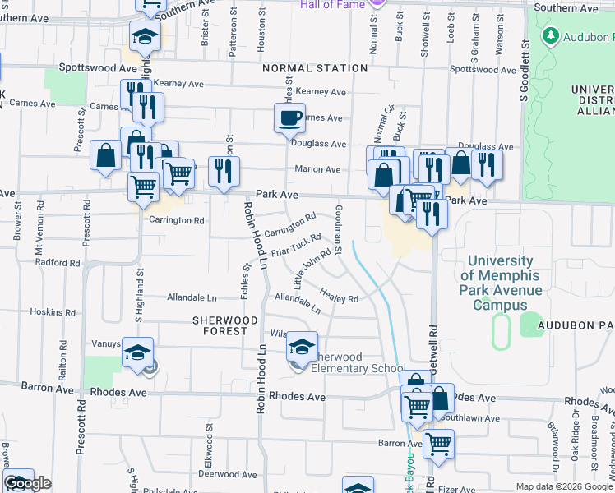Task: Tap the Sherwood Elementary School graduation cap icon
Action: tap(302, 348)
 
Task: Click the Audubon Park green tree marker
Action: tap(550, 36)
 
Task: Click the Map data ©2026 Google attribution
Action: tap(564, 486)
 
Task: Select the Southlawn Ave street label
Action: tap(472, 418)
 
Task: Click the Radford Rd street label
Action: tap(58, 263)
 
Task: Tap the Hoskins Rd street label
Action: tap(53, 312)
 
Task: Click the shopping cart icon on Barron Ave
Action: tap(438, 445)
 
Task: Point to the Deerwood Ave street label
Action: tap(211, 474)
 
